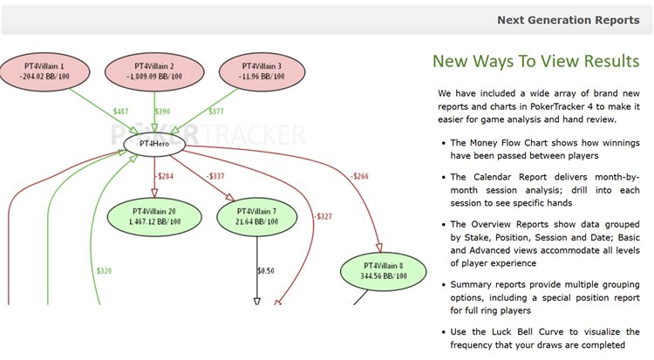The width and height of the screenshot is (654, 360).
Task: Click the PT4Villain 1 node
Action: pyautogui.click(x=44, y=71)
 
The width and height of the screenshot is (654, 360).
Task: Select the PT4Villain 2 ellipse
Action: pyautogui.click(x=154, y=71)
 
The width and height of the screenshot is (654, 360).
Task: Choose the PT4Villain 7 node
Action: pyautogui.click(x=257, y=216)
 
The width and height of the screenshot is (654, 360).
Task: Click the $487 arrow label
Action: pyautogui.click(x=120, y=112)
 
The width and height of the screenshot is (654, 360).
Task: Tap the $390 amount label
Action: pyautogui.click(x=162, y=112)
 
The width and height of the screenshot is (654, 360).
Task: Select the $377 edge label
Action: pyautogui.click(x=215, y=112)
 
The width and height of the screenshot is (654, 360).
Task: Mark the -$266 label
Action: pyautogui.click(x=358, y=176)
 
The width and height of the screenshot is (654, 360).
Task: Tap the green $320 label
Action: pyautogui.click(x=104, y=270)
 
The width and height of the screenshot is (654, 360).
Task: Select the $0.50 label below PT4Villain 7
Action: pyautogui.click(x=266, y=271)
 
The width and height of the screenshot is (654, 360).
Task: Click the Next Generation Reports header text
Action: pyautogui.click(x=568, y=20)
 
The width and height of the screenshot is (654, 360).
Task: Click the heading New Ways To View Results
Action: pyautogui.click(x=535, y=61)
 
